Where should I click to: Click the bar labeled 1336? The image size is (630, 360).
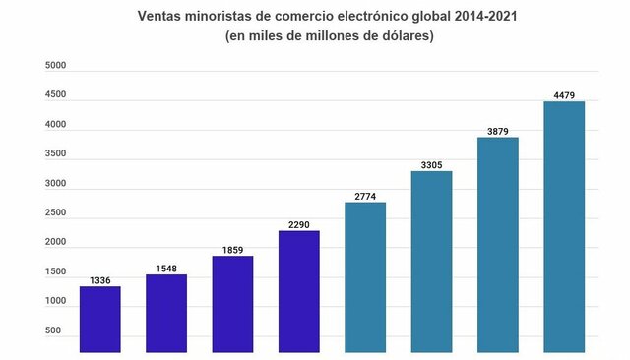[x=99, y=319]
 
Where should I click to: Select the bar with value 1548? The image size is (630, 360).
[x=166, y=313]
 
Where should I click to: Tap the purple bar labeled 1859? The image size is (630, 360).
[x=232, y=304]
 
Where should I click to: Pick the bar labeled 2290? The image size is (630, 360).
[x=299, y=291]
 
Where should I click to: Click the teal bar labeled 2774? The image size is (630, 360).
[x=365, y=276]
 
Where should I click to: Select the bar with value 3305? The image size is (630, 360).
[x=431, y=262]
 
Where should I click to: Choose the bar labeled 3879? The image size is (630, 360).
[x=498, y=244]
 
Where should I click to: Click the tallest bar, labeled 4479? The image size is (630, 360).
[x=564, y=226]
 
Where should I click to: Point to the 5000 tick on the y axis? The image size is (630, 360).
[x=56, y=66]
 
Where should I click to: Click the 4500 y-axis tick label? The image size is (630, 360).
[x=56, y=95]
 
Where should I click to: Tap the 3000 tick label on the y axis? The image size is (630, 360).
[x=56, y=184]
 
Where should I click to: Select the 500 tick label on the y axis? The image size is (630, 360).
[x=59, y=330]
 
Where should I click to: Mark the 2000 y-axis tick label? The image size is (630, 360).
[x=56, y=242]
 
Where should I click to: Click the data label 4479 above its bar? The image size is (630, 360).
[x=564, y=95]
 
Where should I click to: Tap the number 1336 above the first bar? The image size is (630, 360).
[x=99, y=280]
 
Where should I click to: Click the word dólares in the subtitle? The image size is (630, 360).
[x=401, y=36]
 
